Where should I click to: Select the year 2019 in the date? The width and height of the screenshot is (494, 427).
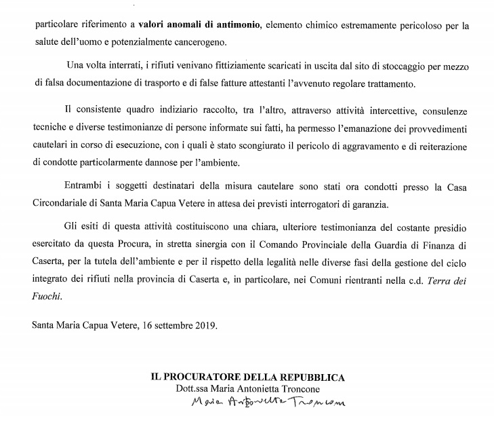pyautogui.click(x=204, y=324)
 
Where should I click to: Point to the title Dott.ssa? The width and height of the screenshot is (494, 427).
pyautogui.click(x=190, y=388)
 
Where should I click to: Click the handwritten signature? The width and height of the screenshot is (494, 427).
pyautogui.click(x=267, y=404)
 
